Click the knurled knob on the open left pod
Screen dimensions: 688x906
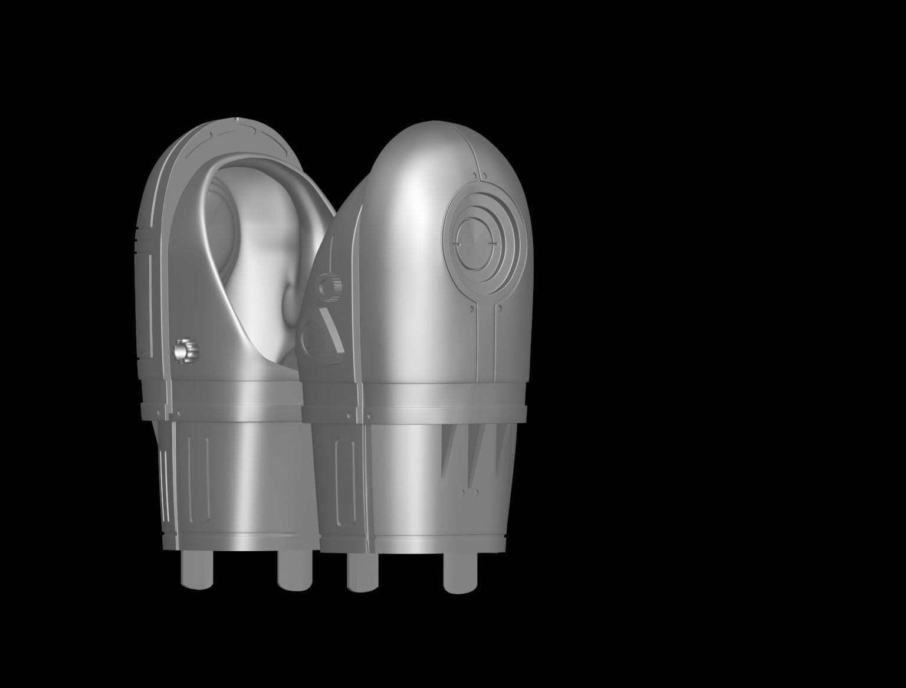pos(185,351)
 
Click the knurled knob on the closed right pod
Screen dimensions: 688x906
pos(327,287)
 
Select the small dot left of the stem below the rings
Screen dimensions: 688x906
pos(471,307)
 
